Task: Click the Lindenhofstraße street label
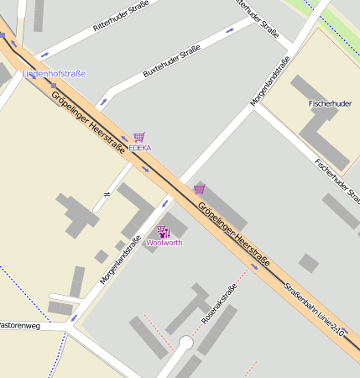54,74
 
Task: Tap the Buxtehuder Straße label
171,63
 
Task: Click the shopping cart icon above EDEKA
138,136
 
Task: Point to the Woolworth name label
164,243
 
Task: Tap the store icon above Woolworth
163,231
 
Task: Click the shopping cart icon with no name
199,188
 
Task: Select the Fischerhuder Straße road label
337,180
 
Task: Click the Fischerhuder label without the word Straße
330,103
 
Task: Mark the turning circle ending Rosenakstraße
185,343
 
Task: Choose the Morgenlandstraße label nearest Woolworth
120,259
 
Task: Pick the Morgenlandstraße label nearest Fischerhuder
271,81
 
